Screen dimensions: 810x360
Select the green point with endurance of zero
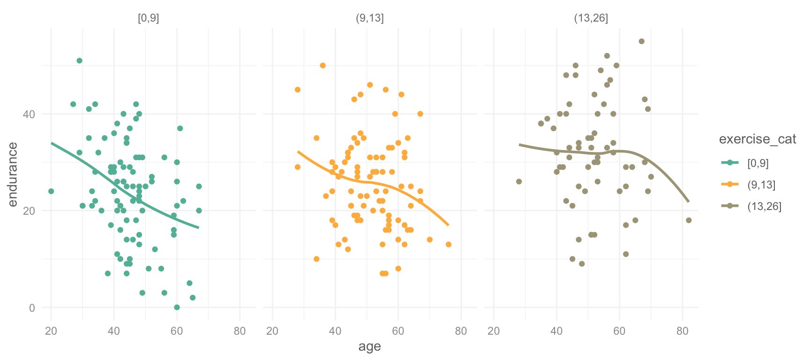[177, 307]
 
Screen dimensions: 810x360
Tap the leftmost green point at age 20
[51, 191]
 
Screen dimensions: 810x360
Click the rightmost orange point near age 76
[449, 245]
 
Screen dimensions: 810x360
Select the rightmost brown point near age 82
[689, 220]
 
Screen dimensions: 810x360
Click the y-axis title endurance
[13, 175]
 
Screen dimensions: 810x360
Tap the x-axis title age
[369, 347]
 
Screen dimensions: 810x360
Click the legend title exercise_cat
[757, 139]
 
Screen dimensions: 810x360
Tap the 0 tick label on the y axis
[32, 308]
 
